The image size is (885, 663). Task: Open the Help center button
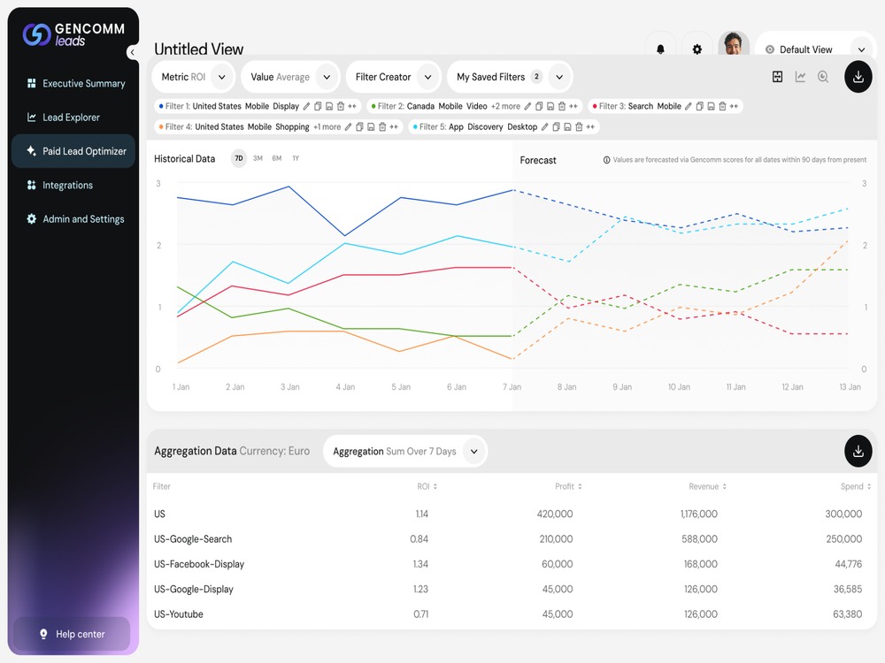coord(72,634)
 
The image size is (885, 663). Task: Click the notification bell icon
coord(660,49)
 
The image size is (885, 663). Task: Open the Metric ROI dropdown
coord(194,77)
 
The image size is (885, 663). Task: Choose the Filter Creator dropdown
coord(394,77)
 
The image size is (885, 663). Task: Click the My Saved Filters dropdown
coord(510,77)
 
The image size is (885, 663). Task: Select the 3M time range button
coord(258,158)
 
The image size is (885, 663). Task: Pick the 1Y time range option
coord(296,158)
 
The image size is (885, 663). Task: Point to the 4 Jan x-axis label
coord(345,387)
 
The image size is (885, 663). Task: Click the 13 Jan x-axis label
coord(850,387)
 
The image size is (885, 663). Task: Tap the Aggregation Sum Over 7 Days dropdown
coord(405,451)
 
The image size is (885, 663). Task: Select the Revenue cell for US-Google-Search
coord(699,539)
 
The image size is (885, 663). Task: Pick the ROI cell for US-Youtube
coord(420,614)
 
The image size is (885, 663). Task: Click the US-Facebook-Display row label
coord(199,564)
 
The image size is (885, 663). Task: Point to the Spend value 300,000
coord(843,514)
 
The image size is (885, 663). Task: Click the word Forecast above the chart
coord(538,160)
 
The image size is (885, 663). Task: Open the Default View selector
coord(816,49)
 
